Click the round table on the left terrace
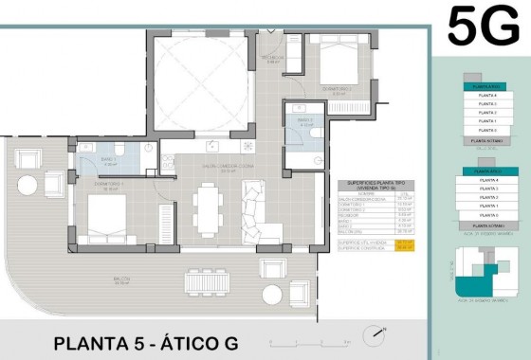coord(28,182)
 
